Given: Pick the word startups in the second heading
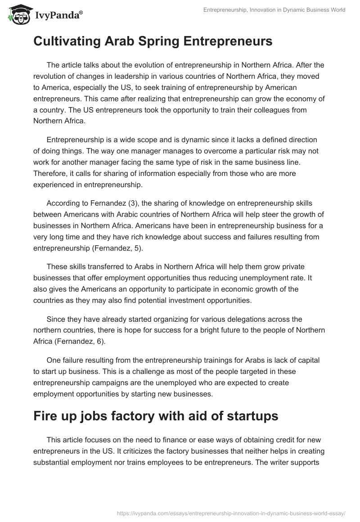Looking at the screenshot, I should click(252, 416).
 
